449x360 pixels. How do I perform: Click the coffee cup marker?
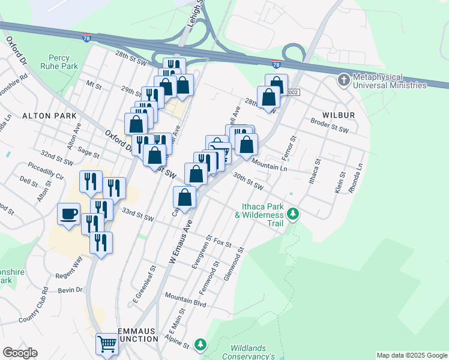(69, 214)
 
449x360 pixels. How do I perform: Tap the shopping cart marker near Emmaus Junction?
(107, 344)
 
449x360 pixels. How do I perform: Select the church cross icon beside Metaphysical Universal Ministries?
(343, 80)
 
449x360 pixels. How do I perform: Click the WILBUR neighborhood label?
(339, 115)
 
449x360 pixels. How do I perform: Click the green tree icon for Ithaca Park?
(293, 214)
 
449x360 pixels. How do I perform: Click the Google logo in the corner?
(20, 353)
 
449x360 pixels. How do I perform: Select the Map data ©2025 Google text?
(412, 355)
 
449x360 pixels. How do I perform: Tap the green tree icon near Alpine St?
(200, 345)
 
